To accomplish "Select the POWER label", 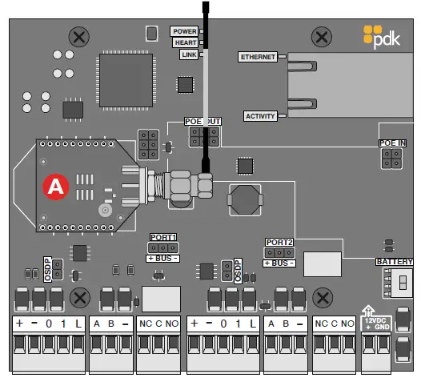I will [183, 31].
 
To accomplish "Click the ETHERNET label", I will [258, 57].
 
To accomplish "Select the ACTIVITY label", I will [259, 116].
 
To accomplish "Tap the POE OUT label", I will [202, 121].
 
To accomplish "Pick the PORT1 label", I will [163, 237].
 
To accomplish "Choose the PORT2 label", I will [279, 242].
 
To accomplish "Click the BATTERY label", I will [394, 262].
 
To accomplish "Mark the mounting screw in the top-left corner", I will [78, 36].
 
